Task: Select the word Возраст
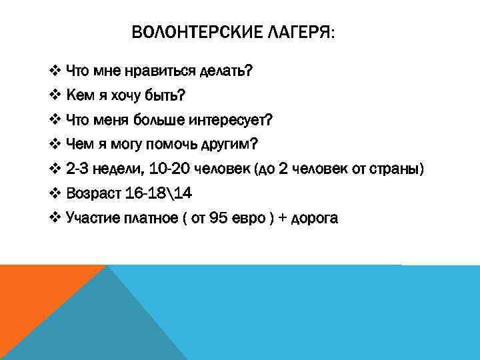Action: point(94,194)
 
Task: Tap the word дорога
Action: point(311,219)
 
